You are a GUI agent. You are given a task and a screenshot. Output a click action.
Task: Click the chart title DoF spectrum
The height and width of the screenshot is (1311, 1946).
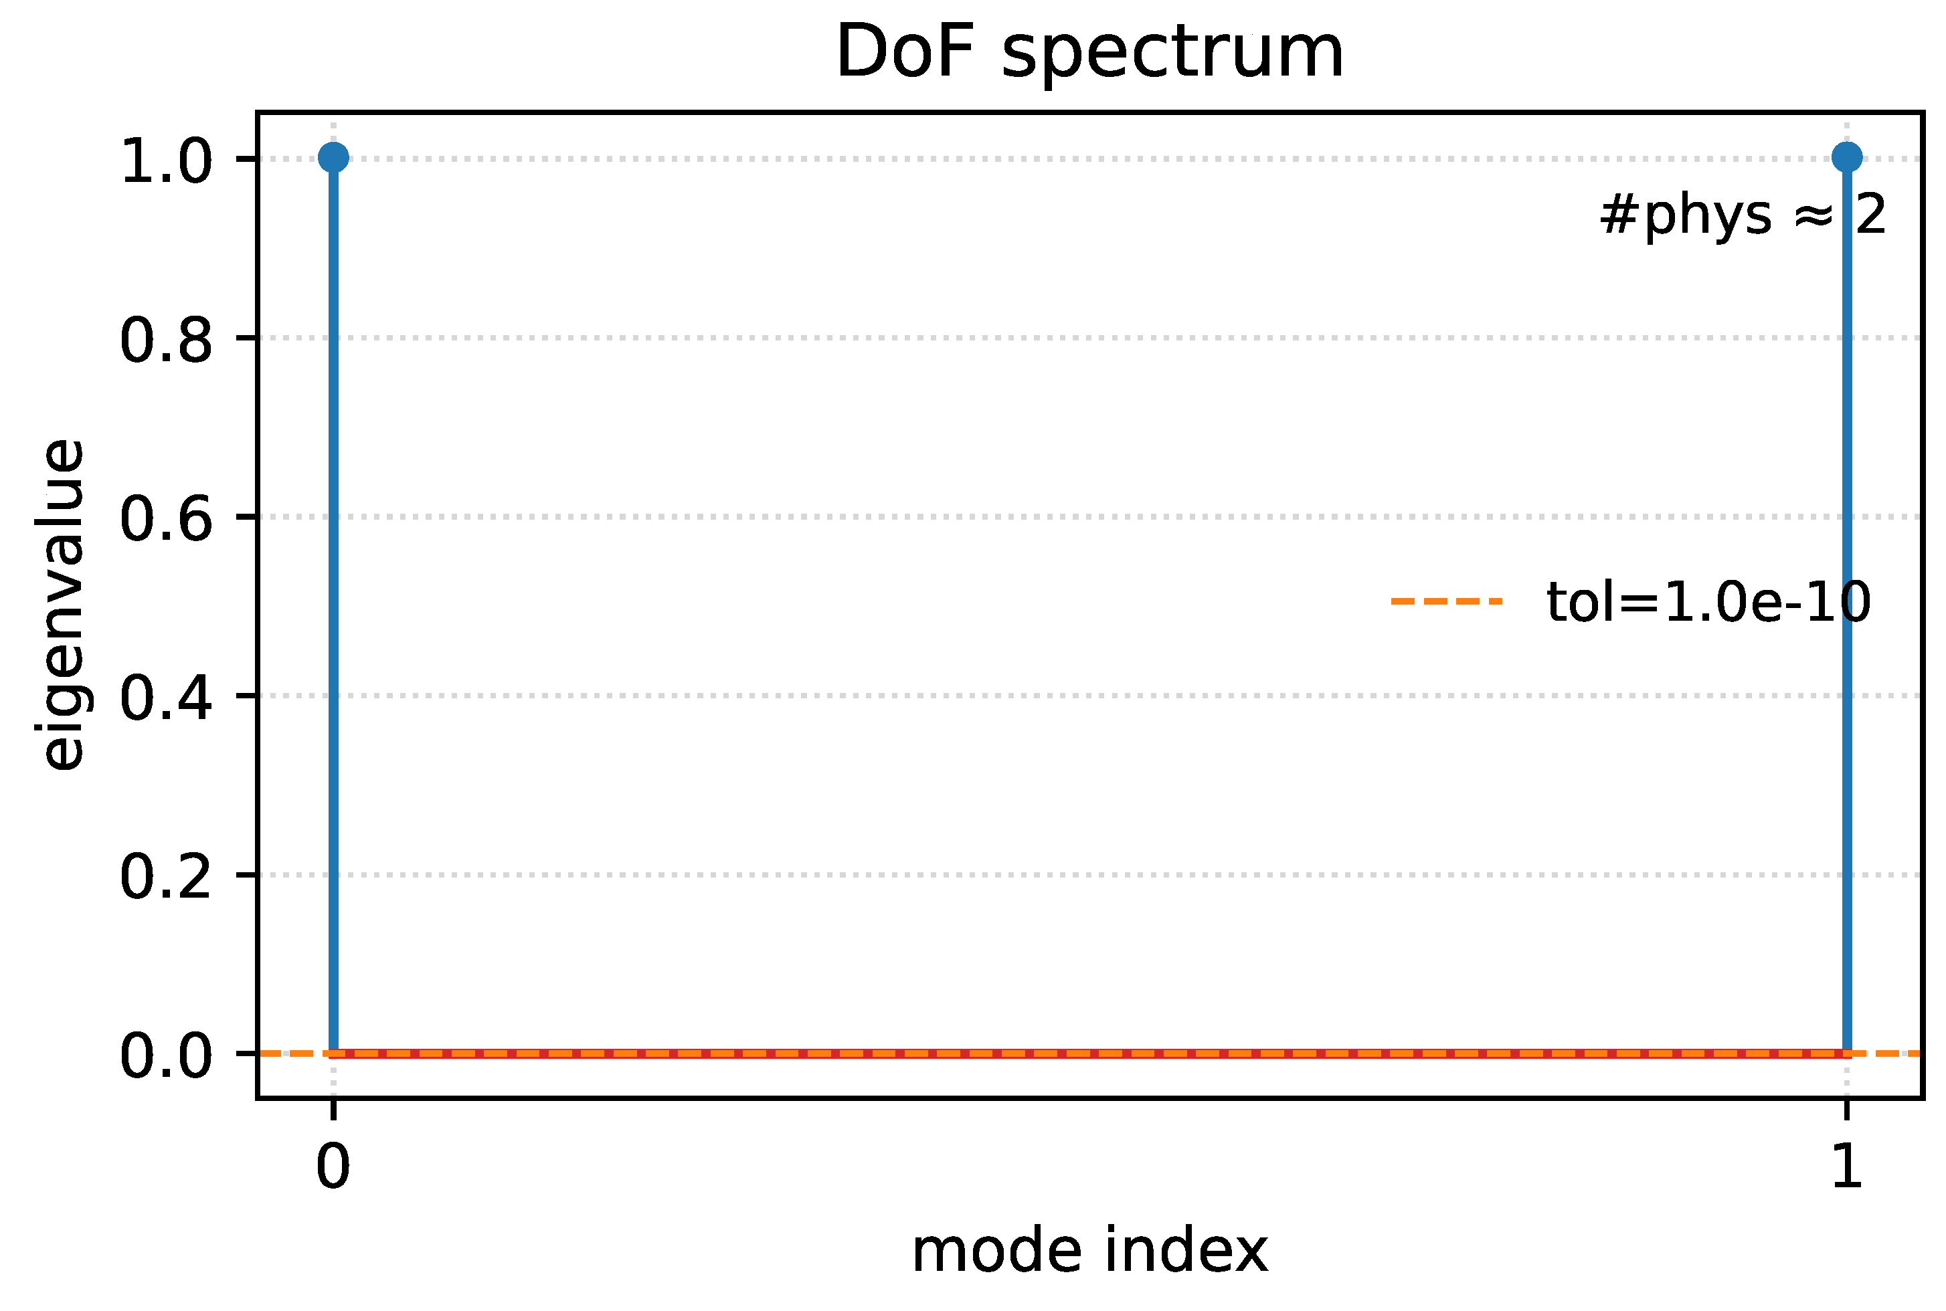[1089, 52]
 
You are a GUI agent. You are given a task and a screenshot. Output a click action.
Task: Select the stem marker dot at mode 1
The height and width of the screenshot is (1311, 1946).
[1846, 157]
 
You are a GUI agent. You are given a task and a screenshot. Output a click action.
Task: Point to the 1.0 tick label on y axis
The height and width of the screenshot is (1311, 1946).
[165, 161]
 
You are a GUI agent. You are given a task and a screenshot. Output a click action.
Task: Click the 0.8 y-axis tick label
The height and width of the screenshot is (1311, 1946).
[165, 340]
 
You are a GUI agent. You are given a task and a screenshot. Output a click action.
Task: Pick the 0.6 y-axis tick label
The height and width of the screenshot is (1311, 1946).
[165, 519]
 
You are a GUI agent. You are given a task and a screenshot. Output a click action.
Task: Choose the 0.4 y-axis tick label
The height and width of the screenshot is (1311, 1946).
[165, 698]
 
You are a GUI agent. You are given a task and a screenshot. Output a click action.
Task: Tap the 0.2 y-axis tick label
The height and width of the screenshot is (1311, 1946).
[165, 877]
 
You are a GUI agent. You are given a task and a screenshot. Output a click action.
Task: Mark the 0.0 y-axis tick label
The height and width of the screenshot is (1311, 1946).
[165, 1056]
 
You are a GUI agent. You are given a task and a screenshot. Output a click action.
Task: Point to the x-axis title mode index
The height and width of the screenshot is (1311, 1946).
[1089, 1251]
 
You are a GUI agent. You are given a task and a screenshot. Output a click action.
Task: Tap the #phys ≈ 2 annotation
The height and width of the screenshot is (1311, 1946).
[1742, 215]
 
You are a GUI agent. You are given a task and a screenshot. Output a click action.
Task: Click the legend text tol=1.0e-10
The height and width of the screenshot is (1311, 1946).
[1708, 602]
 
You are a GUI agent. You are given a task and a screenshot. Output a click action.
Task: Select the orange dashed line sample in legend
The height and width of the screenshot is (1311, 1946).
[1447, 601]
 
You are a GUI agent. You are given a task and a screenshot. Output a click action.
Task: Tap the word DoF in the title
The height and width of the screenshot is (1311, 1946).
[905, 52]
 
